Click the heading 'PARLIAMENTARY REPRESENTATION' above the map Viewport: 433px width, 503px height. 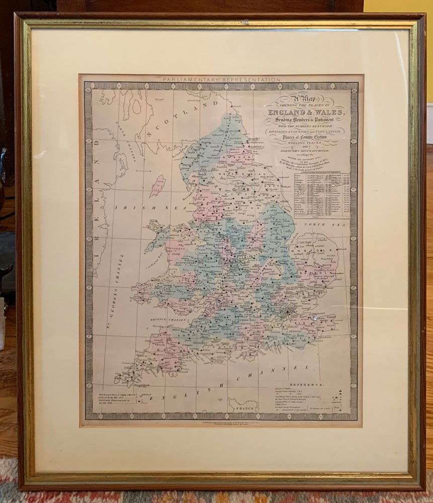click(x=222, y=79)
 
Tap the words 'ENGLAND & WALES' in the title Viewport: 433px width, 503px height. click(x=306, y=112)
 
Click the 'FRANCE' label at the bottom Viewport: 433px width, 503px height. click(x=242, y=407)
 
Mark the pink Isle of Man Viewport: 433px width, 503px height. click(x=157, y=186)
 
